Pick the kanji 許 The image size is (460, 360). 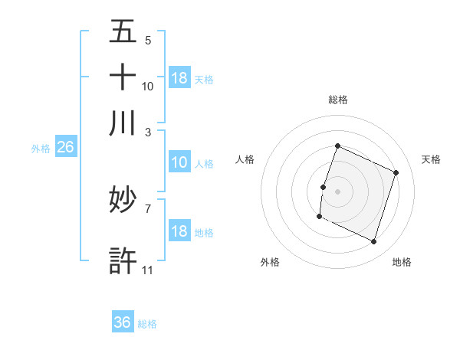coord(123,260)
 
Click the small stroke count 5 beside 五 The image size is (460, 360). coord(148,40)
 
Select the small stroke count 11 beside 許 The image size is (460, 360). coord(148,270)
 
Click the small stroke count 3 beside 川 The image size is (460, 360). coord(148,132)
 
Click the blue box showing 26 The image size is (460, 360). coord(65,148)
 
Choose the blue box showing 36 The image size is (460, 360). coord(123,322)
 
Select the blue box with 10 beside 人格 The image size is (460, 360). coord(179,162)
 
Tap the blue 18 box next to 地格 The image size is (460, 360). coord(179,232)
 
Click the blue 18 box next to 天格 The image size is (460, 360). coord(179,78)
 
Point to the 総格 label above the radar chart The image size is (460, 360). coord(338,100)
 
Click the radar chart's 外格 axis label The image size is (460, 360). coord(270,262)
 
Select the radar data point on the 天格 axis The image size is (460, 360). coord(396,172)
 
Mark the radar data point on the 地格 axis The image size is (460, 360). coord(374,242)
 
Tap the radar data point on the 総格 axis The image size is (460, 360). coord(338,146)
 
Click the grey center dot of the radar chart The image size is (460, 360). coord(338,191)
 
